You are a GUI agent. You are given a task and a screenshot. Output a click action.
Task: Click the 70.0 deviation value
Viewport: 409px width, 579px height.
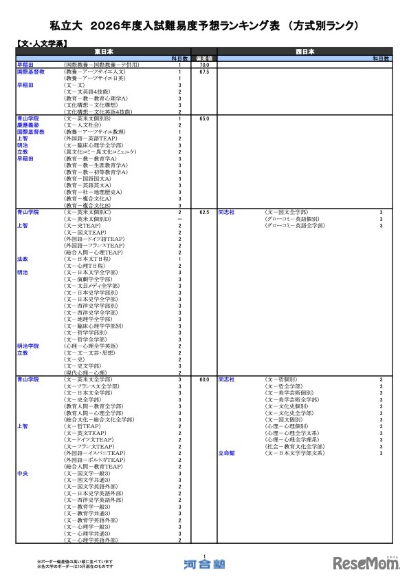204,65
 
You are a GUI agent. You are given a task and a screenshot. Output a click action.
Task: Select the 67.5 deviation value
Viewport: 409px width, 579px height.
204,72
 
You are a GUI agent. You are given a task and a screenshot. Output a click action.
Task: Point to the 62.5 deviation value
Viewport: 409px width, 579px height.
204,213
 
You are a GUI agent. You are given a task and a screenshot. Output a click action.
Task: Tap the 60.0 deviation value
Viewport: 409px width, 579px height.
204,379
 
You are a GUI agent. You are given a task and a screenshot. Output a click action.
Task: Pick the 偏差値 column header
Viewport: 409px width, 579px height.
204,58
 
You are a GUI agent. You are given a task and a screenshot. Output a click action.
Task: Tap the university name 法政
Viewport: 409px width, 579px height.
23,259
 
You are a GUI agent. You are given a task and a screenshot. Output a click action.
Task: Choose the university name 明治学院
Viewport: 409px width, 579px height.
29,346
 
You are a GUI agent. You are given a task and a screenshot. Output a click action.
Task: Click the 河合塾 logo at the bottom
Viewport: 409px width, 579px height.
204,564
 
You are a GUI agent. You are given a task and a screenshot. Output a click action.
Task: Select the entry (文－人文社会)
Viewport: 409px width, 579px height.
87,125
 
